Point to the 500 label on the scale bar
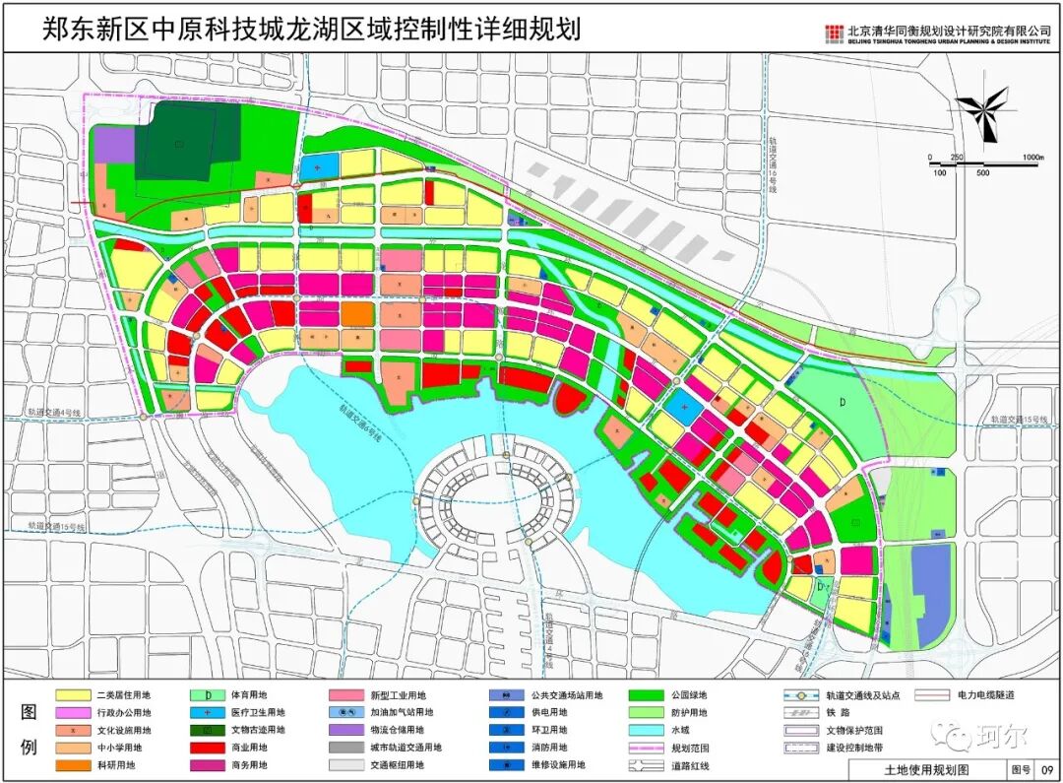pyautogui.click(x=982, y=173)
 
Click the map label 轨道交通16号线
pyautogui.click(x=774, y=166)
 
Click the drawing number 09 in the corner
pyautogui.click(x=1047, y=767)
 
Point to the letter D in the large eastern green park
pyautogui.click(x=843, y=403)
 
